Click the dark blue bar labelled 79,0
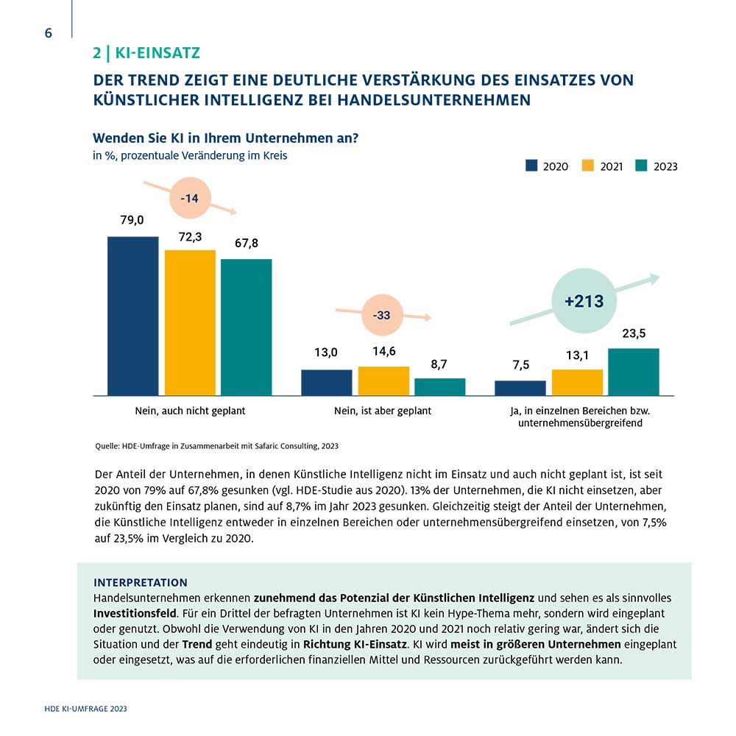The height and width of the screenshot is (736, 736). (132, 316)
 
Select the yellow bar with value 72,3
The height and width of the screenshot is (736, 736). (190, 323)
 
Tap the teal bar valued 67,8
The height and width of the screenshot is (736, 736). (247, 328)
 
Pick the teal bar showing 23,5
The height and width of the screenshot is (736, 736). (634, 372)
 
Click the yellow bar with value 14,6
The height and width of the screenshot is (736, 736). (383, 381)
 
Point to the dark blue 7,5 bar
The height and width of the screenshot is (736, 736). (520, 388)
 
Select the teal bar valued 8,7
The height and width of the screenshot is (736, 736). (440, 387)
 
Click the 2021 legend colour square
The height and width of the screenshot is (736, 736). (587, 166)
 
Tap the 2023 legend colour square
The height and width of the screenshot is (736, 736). (641, 166)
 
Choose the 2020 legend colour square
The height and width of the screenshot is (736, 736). (531, 166)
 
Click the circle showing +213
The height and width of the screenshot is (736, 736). (584, 301)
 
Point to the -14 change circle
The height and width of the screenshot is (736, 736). (190, 198)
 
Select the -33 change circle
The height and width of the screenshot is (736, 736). (383, 315)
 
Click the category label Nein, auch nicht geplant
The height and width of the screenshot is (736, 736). (190, 411)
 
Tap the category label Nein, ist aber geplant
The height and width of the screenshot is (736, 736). (383, 411)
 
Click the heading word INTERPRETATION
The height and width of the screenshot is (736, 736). (141, 582)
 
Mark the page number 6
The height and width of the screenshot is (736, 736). (49, 33)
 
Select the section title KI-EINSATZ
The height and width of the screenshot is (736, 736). (158, 52)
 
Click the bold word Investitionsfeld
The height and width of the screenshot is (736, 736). (135, 614)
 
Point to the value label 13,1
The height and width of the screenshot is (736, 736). (577, 355)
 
